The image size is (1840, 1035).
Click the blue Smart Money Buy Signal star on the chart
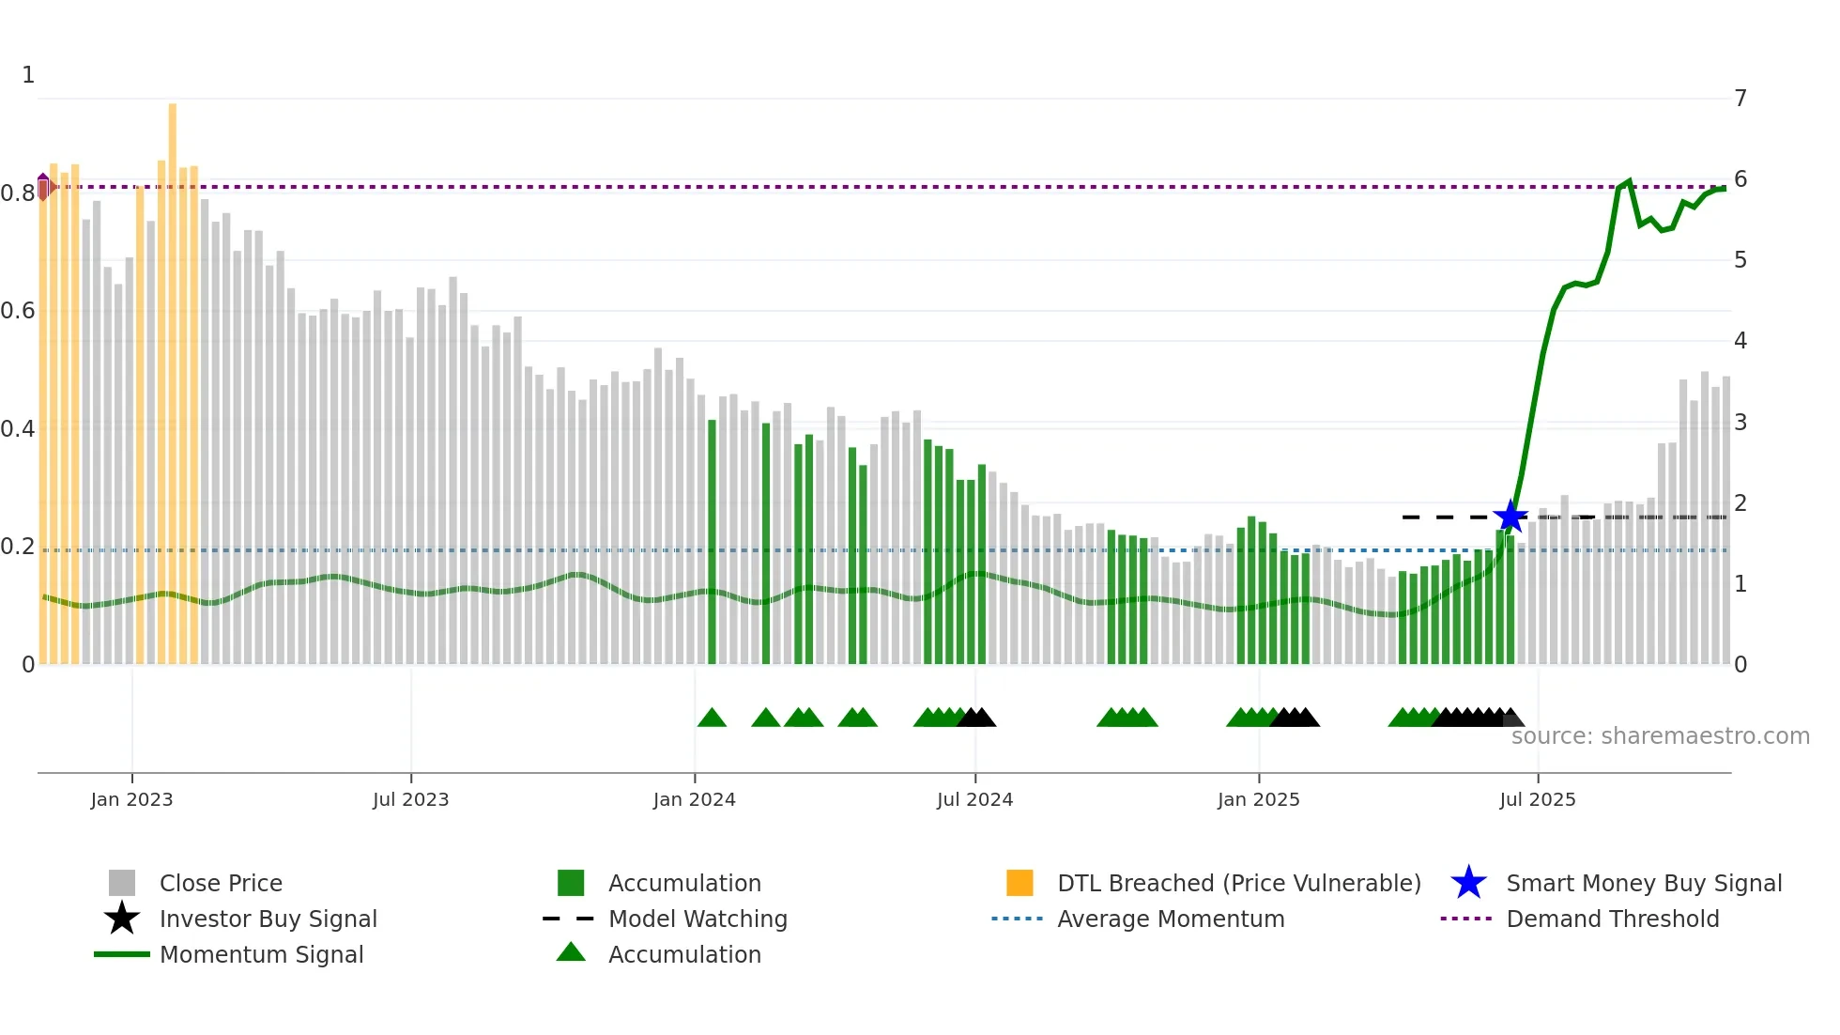tap(1510, 517)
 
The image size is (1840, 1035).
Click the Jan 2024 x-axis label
tap(694, 799)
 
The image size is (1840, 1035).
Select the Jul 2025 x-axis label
tap(1537, 799)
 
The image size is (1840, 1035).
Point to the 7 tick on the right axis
tap(1740, 99)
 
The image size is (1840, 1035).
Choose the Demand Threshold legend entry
tap(1612, 919)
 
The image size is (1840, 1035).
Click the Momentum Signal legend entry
tap(261, 954)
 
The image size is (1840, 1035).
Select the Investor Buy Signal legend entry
tap(268, 919)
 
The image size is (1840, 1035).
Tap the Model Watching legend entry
tap(697, 919)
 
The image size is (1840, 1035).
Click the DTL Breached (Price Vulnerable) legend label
tap(1238, 883)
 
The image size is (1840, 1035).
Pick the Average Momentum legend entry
tap(1170, 919)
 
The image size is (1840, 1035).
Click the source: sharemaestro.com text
tap(1660, 736)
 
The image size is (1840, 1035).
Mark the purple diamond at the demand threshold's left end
tap(43, 187)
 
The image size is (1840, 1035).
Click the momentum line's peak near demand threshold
tap(1628, 181)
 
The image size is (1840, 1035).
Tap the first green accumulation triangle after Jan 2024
tap(712, 718)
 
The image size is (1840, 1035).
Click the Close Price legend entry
tap(220, 883)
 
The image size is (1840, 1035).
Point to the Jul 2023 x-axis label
tap(410, 799)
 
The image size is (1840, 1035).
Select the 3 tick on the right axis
tap(1740, 423)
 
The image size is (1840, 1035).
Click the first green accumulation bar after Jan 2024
tap(712, 545)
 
